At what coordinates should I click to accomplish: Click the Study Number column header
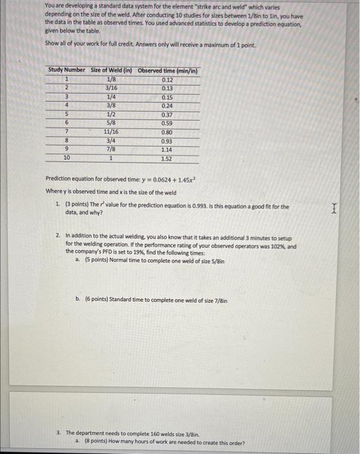coord(66,70)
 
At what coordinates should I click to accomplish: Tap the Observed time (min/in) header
coord(167,70)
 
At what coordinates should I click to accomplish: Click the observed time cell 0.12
coord(167,79)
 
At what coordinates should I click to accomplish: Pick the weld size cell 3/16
coord(111,88)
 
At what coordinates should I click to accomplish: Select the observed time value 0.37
coord(167,114)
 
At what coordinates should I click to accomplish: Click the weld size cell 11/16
coord(111,132)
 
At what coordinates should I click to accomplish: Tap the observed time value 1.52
coord(167,158)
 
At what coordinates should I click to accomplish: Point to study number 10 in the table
coord(66,158)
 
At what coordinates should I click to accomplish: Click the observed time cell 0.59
coord(167,123)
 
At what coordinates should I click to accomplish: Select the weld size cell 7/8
coord(111,149)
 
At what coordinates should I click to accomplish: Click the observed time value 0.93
coord(167,140)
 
